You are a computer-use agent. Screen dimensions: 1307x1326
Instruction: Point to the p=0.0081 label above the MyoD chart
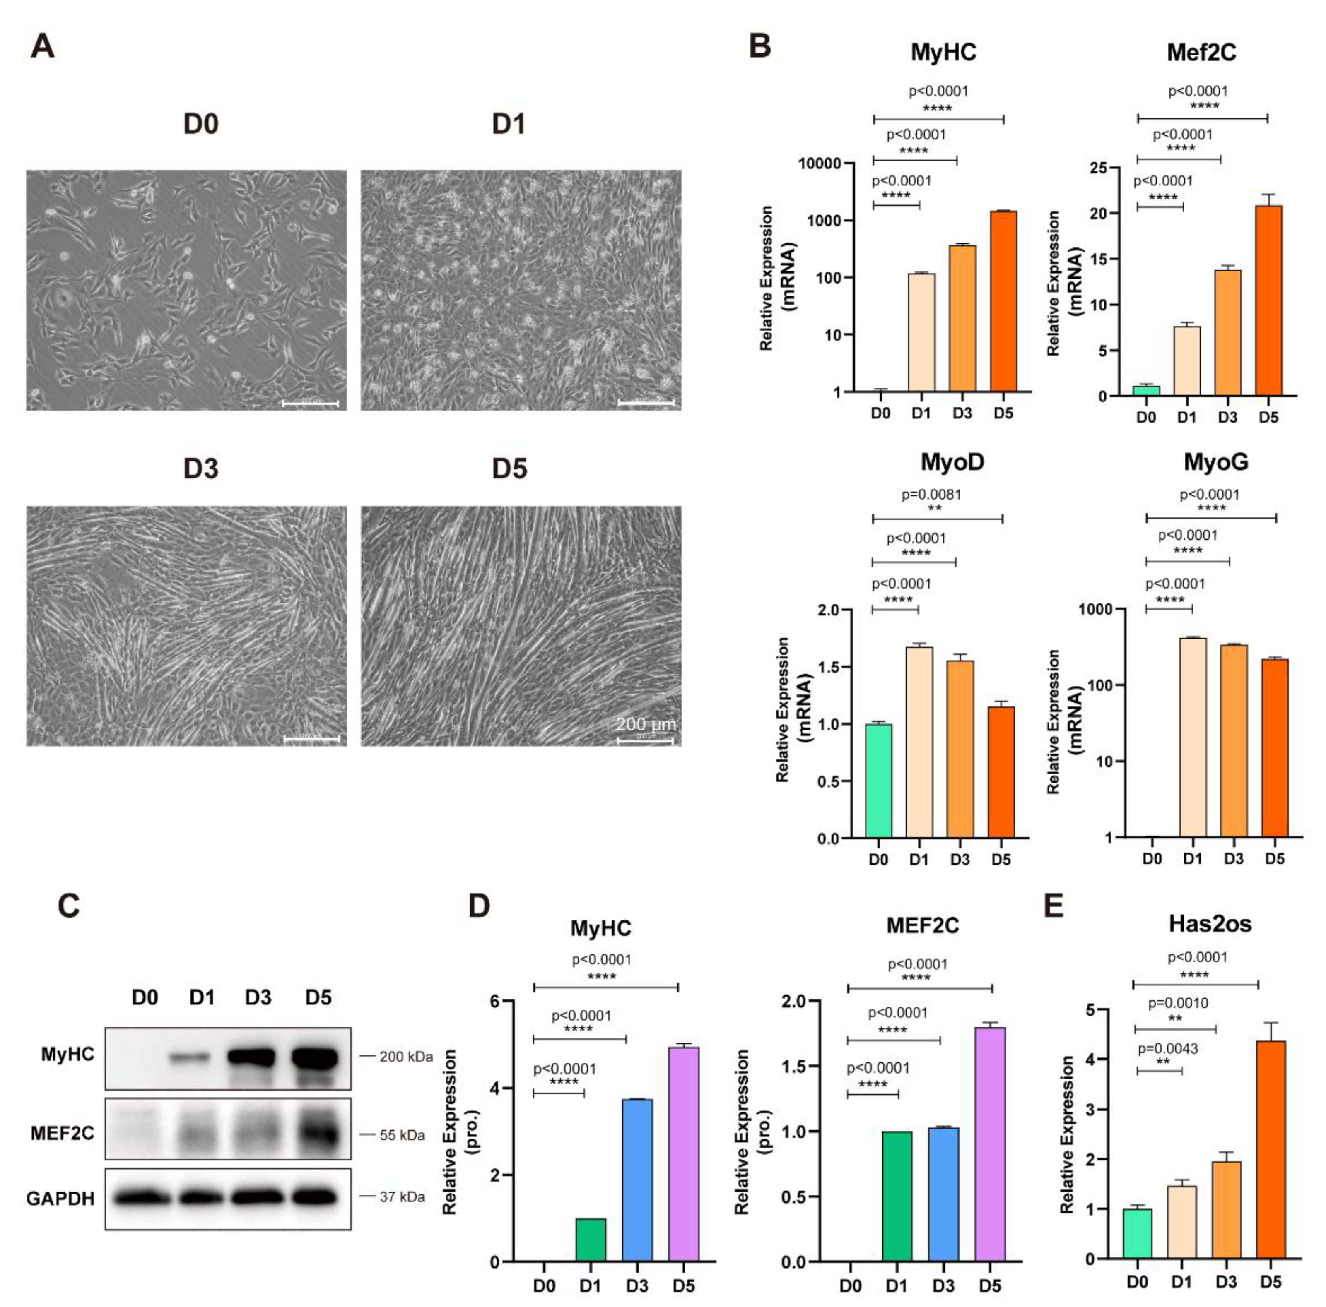(x=931, y=494)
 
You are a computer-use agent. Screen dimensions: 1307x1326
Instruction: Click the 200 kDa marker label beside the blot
(x=405, y=1057)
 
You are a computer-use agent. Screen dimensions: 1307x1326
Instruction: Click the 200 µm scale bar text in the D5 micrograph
(x=645, y=724)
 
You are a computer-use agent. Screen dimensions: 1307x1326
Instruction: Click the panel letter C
(x=69, y=906)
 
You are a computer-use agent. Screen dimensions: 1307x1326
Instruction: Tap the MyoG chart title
(x=1215, y=462)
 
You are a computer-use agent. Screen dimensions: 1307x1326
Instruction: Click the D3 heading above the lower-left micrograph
(x=200, y=469)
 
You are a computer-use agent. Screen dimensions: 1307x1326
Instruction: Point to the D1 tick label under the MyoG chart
(x=1192, y=858)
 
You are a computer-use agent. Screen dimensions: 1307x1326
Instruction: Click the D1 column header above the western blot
(x=202, y=997)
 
